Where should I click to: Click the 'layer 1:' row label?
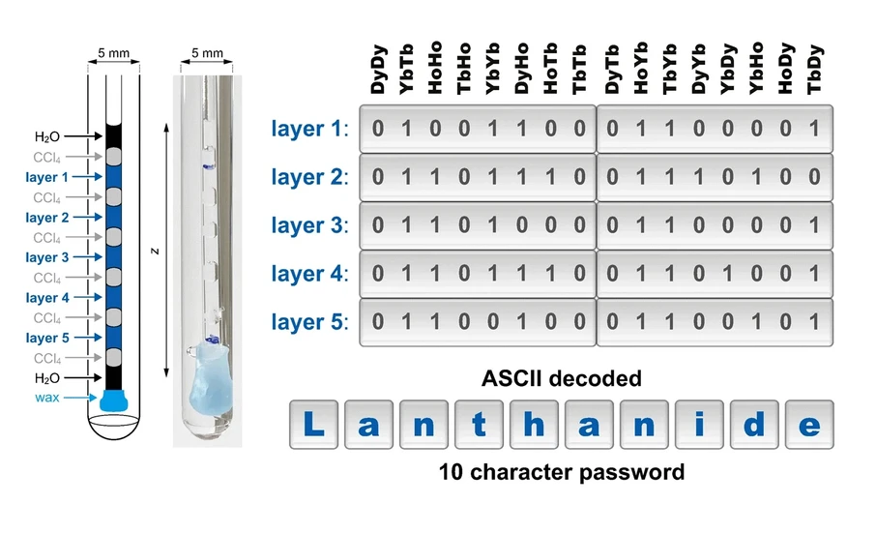[309, 128]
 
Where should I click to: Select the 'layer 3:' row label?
[309, 225]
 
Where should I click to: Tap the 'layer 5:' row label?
[309, 322]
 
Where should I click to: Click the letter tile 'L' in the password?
[312, 425]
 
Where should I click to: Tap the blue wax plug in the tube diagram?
[113, 399]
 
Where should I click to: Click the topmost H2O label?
[48, 137]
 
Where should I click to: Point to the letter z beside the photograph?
[155, 251]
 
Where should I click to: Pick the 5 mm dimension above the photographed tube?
[207, 52]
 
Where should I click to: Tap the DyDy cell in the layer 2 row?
[378, 177]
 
